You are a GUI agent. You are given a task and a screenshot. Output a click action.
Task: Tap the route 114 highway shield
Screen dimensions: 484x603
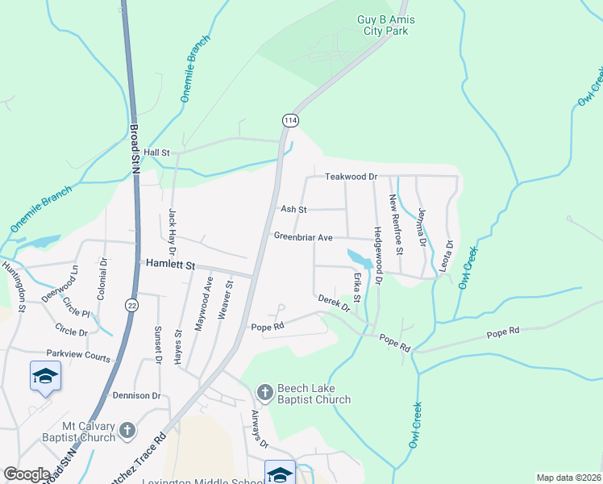tap(290, 119)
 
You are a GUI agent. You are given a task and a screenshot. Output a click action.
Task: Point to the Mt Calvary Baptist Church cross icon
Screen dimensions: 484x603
tap(127, 431)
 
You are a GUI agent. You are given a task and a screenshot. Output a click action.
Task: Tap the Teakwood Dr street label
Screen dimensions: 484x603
tap(351, 176)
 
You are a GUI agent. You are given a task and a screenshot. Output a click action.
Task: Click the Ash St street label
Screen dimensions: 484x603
tap(293, 209)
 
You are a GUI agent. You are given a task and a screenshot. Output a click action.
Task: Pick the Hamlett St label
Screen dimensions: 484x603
tap(170, 264)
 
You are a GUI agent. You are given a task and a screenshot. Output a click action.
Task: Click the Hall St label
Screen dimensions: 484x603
tap(157, 152)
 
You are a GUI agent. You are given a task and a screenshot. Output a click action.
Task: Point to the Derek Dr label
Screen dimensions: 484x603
tap(335, 303)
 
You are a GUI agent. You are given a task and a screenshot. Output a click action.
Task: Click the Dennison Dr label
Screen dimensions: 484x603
tap(137, 396)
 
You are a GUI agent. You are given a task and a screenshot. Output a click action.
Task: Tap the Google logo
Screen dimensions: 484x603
tap(27, 474)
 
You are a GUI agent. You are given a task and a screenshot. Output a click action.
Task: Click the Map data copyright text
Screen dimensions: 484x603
tap(568, 478)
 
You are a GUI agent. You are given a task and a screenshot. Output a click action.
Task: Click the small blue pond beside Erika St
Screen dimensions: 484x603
tap(360, 259)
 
